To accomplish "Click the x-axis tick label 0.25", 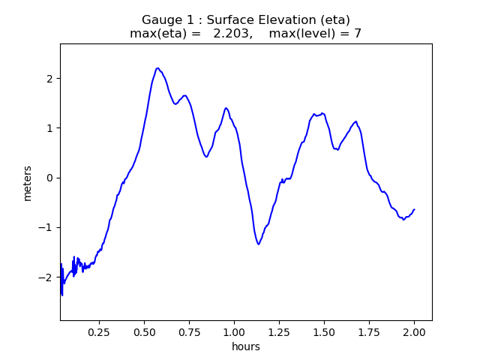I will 100,332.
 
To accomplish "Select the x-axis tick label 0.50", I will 145,332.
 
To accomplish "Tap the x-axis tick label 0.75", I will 190,332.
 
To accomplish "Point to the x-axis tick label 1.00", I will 235,332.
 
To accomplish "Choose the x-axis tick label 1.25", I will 280,332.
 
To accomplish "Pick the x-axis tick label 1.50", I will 324,332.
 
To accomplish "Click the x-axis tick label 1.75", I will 369,332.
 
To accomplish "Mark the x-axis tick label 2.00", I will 414,332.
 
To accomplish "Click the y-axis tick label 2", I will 49,79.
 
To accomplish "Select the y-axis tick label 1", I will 49,128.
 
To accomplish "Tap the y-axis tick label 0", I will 49,178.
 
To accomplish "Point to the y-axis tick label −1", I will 46,227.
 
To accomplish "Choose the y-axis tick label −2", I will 46,277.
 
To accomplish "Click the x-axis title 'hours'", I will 246,346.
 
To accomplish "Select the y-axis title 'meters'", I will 28,182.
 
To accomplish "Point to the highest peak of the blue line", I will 157,68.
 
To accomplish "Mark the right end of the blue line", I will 414,210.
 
